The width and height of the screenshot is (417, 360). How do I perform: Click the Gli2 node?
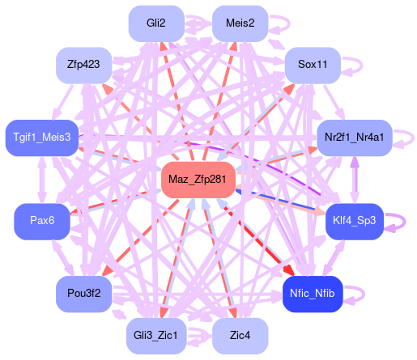click(x=156, y=23)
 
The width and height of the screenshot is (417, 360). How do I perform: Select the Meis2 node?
click(x=240, y=23)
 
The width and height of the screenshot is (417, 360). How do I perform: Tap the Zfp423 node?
click(x=83, y=66)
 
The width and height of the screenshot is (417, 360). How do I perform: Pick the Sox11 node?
click(x=313, y=66)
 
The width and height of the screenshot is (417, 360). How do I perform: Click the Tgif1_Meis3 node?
click(x=42, y=138)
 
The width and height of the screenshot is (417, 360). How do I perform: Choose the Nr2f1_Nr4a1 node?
click(x=355, y=138)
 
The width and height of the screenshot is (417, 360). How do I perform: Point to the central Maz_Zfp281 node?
click(x=198, y=180)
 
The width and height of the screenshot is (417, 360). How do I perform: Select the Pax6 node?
click(x=42, y=222)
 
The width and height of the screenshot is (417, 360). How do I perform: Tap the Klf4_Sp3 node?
click(x=355, y=222)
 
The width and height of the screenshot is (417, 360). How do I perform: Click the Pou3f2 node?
click(x=83, y=294)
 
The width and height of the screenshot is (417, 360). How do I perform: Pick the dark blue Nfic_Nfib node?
click(x=313, y=294)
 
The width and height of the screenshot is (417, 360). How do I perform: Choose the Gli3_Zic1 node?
click(x=156, y=336)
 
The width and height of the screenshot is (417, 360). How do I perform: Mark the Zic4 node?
click(x=240, y=336)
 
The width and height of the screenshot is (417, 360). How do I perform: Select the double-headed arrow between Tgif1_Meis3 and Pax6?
click(x=42, y=180)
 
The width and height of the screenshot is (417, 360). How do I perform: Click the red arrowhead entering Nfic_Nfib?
click(x=289, y=270)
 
